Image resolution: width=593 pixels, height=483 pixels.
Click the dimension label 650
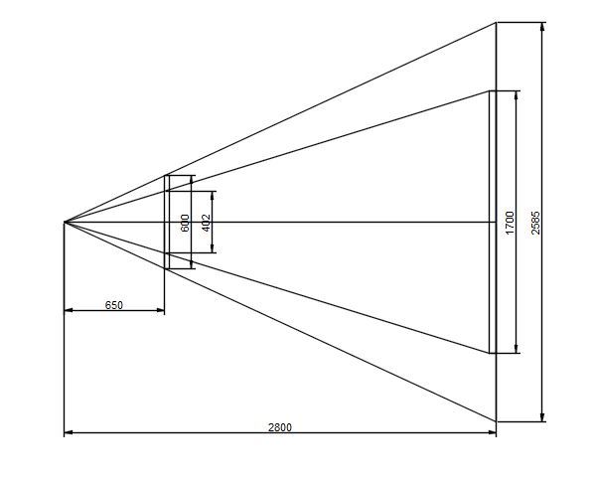114,305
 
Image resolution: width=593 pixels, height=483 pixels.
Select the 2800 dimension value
280,427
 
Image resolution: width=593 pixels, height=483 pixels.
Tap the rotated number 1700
510,223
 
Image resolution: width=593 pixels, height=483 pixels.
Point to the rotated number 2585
535,223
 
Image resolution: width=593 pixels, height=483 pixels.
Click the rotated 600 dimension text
185,223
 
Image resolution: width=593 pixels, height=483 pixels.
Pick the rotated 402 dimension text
207,223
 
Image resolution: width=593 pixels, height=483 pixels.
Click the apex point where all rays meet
65,222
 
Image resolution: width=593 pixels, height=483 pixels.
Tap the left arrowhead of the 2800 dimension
69,432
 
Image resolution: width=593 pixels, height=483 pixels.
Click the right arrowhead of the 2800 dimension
492,432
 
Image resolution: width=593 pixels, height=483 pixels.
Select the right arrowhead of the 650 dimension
160,310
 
